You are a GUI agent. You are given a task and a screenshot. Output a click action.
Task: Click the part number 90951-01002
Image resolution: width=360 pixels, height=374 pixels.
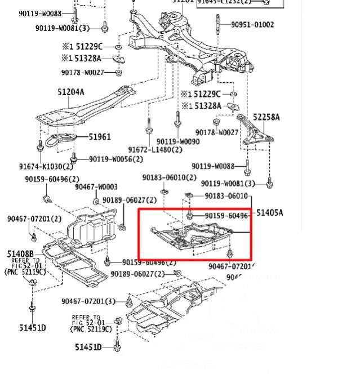point(252,25)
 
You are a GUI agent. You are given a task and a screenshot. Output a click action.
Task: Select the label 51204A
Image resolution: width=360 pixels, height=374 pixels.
point(70,92)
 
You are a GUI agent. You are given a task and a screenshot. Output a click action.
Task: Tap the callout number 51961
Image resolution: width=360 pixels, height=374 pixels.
point(99,137)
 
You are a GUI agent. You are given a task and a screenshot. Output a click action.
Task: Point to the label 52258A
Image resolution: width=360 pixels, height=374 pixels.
point(266,117)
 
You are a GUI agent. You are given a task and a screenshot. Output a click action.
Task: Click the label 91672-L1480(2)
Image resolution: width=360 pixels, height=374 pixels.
point(155,150)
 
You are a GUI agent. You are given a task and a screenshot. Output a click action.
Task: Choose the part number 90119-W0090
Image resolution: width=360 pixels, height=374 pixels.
point(178,142)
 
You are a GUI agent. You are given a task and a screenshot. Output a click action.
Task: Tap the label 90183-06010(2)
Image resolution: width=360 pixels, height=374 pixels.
point(169,177)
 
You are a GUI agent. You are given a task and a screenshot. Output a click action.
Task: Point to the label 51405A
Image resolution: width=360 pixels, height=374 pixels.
point(270,213)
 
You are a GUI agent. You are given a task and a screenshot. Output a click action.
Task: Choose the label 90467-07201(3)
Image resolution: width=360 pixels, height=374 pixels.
point(88,301)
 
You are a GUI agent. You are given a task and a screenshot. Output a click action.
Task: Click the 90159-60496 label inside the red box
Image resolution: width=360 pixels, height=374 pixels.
point(226,216)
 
